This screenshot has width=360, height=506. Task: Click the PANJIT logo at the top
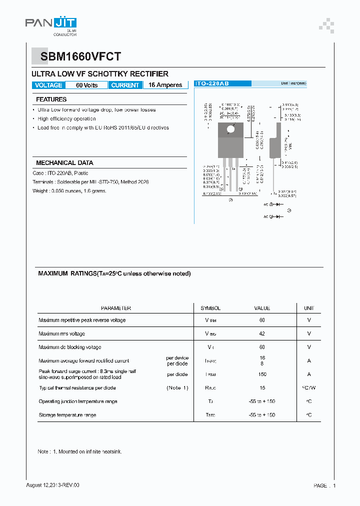tap(50, 23)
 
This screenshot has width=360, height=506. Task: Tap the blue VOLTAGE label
tap(48, 85)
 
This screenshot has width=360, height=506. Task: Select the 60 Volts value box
tap(86, 85)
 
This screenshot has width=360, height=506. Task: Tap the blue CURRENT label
tap(125, 85)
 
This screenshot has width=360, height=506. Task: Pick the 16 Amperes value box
tap(165, 85)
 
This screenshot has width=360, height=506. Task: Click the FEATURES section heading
tap(51, 99)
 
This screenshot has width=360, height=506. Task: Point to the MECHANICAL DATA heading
tap(64, 163)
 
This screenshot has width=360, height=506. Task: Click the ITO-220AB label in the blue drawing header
tap(212, 84)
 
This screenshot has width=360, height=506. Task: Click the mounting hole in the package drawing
tap(230, 129)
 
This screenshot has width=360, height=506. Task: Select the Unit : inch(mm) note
tap(293, 84)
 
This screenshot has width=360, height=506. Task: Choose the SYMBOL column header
tap(210, 308)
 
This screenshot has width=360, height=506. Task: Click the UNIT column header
tap(309, 308)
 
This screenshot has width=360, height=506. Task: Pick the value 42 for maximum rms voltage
tap(262, 333)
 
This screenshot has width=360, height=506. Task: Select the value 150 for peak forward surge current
tap(262, 374)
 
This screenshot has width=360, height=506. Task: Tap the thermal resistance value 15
tap(262, 388)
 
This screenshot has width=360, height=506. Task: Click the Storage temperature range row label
tap(67, 415)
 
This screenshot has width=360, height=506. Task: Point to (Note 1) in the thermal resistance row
tap(177, 388)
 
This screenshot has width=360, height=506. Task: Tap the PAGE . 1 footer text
tap(324, 485)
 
